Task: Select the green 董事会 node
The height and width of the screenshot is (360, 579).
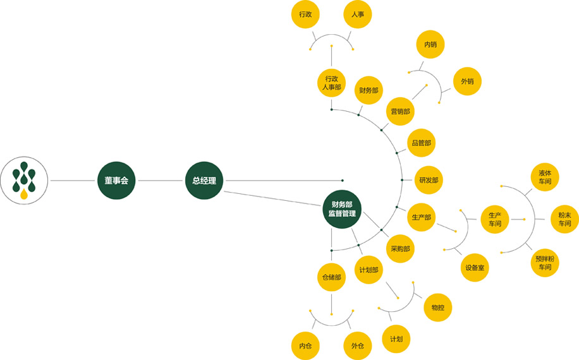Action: click(x=116, y=181)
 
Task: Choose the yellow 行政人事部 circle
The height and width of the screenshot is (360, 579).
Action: click(x=331, y=83)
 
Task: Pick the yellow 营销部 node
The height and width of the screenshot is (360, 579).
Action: click(x=400, y=111)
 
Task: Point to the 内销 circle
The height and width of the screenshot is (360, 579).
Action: click(x=430, y=45)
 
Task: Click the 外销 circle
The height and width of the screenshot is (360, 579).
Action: click(x=467, y=81)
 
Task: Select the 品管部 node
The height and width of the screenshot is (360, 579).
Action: click(x=421, y=143)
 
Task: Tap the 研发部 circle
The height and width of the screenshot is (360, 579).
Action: click(x=428, y=181)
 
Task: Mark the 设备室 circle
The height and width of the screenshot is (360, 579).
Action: click(x=475, y=268)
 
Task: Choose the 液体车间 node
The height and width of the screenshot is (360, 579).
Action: click(x=545, y=177)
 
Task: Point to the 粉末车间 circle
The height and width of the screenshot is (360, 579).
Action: click(x=564, y=219)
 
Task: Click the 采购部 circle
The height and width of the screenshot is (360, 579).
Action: click(x=400, y=249)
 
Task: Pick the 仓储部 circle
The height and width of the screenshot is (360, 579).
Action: click(x=331, y=277)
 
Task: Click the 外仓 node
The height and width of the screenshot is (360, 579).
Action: click(x=358, y=345)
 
